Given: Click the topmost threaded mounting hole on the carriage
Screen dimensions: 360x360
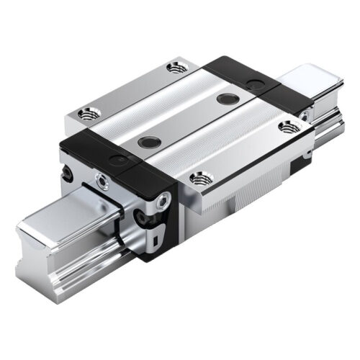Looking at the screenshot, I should (x=174, y=68).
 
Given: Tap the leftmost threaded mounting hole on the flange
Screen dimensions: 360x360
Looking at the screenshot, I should (x=89, y=112).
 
